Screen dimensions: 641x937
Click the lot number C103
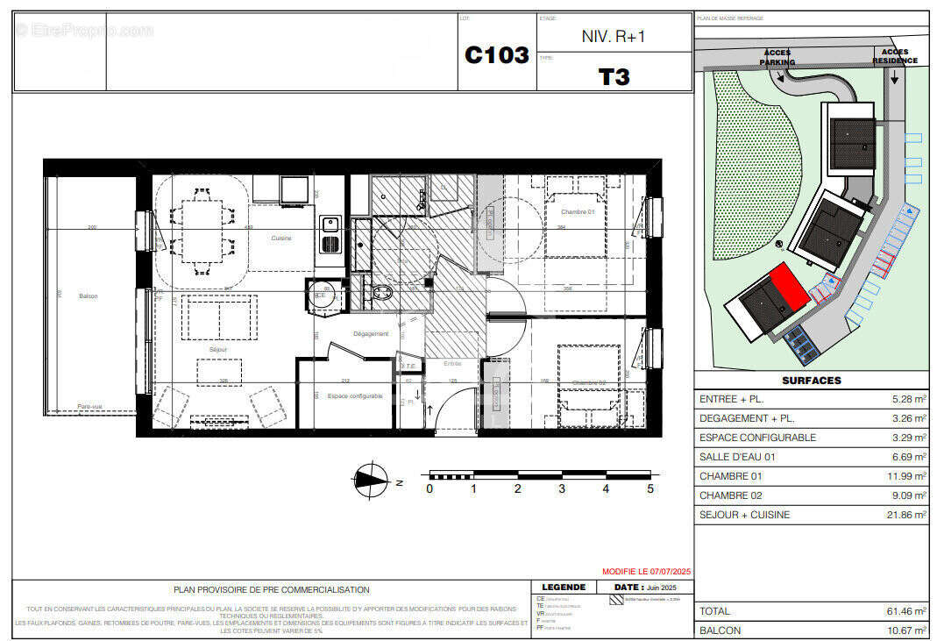496,55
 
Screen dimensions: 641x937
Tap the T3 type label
614,77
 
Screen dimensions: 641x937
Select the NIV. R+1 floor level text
614,37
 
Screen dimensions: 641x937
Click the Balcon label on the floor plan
88,296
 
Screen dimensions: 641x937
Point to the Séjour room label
218,350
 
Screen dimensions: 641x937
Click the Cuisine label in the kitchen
280,239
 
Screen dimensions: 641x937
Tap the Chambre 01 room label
578,213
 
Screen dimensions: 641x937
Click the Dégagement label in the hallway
371,334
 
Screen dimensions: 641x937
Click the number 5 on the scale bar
650,489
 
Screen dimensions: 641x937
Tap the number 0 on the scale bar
429,489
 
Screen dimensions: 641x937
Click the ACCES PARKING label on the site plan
777,58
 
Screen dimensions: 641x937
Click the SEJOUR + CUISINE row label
744,515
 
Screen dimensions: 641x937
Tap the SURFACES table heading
811,381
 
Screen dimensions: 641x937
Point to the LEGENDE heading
564,588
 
